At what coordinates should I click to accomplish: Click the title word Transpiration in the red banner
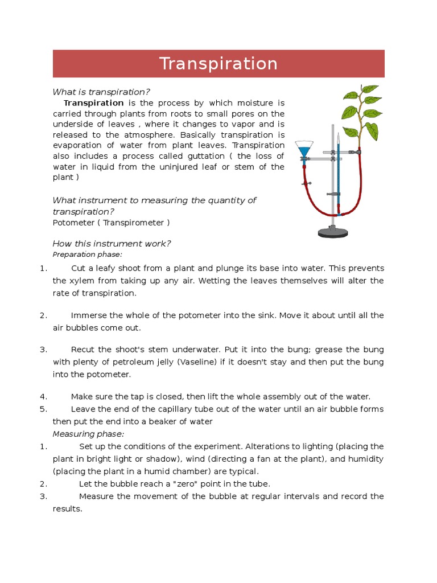pos(218,64)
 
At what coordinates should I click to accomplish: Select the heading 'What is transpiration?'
pos(101,92)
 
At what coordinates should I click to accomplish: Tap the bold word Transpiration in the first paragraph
pos(93,103)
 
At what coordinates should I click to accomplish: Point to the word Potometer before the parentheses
pos(73,222)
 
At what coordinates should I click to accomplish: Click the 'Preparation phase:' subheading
pos(87,254)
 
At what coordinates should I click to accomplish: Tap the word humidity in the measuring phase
pos(365,459)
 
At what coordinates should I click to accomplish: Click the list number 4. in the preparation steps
pos(43,397)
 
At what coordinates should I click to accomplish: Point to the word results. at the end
pos(68,509)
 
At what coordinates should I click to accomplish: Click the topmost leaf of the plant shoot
pos(370,89)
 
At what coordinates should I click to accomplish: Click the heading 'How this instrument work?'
pos(112,244)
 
